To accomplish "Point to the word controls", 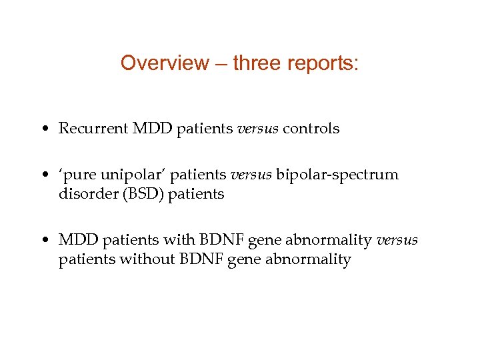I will click(311, 129).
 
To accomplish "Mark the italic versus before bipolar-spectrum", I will click(251, 175).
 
